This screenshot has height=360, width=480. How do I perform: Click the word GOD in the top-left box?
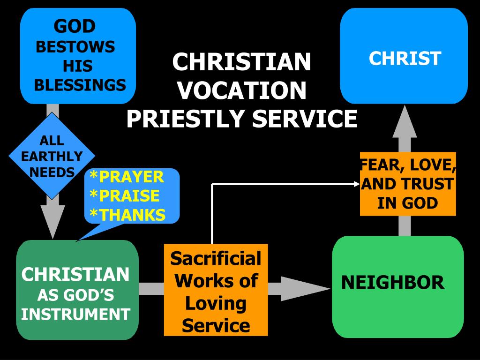point(75,26)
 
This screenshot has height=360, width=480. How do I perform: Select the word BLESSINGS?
point(80,85)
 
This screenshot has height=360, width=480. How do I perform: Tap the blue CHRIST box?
point(404,56)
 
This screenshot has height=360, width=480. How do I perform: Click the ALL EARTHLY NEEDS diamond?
point(52,156)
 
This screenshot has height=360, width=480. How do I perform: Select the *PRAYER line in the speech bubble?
point(127,177)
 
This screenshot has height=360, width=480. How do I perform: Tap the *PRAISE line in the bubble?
point(124,196)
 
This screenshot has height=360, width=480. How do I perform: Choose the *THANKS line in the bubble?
point(127,215)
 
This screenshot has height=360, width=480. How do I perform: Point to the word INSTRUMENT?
point(75,314)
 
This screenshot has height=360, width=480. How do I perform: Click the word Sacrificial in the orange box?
point(216,258)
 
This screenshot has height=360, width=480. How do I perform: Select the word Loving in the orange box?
point(216,303)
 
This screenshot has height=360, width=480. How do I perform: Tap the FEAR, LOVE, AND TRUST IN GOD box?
point(408,184)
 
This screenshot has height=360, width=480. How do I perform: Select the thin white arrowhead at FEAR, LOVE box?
point(356,184)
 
